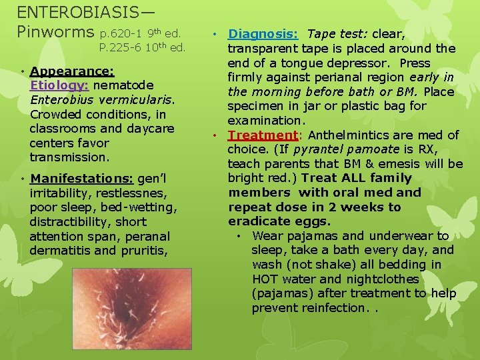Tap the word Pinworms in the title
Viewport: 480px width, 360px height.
tap(55, 31)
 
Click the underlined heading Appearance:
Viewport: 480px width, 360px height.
tap(72, 71)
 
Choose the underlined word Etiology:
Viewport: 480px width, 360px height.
tap(60, 85)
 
